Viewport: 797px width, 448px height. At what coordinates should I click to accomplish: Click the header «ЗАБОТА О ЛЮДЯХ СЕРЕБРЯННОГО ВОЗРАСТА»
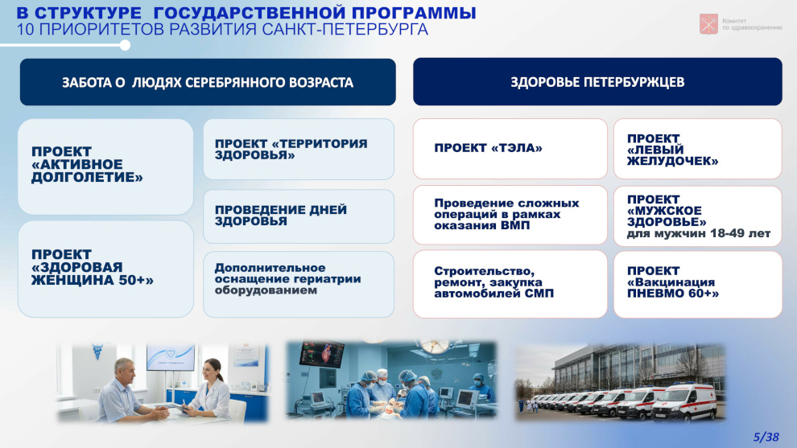click(208, 82)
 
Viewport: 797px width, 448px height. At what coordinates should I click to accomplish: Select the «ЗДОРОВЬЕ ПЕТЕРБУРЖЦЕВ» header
click(597, 82)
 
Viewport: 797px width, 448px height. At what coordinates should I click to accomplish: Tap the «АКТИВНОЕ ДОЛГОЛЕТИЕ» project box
click(105, 166)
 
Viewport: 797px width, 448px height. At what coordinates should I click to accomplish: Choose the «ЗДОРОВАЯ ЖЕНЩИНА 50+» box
click(105, 269)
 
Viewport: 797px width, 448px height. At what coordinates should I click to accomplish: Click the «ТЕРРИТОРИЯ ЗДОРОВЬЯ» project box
click(299, 149)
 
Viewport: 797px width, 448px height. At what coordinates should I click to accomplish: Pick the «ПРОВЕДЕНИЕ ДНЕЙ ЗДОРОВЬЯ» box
click(299, 216)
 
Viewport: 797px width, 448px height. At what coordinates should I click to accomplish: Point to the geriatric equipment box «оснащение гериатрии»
click(299, 284)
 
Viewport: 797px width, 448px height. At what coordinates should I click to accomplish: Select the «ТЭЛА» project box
click(510, 148)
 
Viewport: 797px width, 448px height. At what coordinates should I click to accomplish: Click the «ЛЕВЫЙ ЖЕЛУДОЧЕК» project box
click(697, 148)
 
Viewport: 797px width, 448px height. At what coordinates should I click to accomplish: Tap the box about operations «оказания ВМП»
click(510, 215)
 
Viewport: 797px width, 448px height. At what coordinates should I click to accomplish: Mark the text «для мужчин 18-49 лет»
click(699, 233)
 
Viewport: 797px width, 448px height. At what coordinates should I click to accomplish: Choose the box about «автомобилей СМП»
click(510, 284)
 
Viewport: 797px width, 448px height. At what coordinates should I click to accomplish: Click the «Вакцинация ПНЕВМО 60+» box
click(697, 284)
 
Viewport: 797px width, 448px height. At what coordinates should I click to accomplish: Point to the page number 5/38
click(766, 437)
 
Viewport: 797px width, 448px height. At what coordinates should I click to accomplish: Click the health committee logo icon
click(708, 24)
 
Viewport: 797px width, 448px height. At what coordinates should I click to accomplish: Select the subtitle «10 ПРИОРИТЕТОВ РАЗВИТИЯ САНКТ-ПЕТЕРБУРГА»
click(222, 30)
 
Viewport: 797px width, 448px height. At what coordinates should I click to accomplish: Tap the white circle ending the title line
click(125, 45)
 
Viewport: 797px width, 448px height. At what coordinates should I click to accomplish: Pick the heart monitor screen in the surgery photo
click(322, 352)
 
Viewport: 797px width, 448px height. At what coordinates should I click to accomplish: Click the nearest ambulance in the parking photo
click(684, 401)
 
